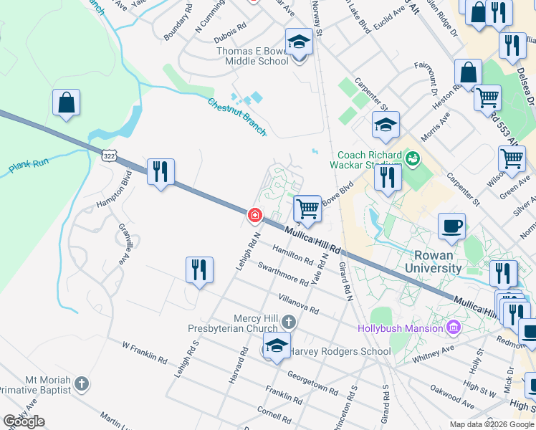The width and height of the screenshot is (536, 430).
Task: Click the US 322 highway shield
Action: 109,156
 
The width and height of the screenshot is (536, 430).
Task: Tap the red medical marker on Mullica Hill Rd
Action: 254,215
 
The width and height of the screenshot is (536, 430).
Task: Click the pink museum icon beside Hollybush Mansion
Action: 453,328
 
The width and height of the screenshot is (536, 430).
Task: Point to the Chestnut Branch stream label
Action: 237,116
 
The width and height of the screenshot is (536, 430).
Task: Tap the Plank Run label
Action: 29,168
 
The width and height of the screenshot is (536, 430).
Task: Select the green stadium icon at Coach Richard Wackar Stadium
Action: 412,156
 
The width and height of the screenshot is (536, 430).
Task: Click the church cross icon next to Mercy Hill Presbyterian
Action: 288,322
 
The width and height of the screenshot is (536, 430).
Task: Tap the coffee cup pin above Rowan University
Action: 451,226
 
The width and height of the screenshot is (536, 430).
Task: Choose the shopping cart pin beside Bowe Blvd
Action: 307,209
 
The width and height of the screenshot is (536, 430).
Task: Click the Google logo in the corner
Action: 24,421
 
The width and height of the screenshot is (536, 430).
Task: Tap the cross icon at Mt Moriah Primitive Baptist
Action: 82,383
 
